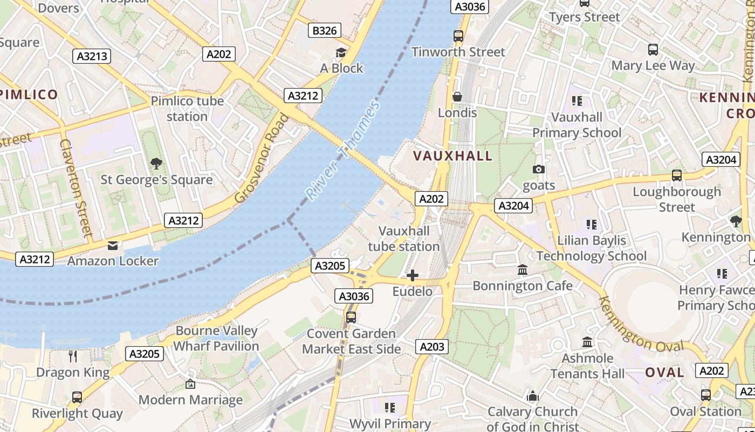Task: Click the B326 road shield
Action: (325, 31)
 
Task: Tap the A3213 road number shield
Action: (92, 56)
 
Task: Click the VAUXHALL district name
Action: (453, 156)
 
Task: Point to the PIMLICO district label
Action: (29, 94)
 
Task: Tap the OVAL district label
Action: (665, 372)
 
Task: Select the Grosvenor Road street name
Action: (262, 158)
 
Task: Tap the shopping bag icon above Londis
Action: (457, 97)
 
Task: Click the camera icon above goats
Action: (538, 170)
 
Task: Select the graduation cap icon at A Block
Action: (341, 52)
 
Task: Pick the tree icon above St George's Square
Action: (156, 163)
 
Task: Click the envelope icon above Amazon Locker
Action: (113, 246)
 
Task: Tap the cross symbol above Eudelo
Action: (413, 276)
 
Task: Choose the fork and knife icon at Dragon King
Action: (73, 356)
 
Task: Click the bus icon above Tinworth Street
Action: (458, 36)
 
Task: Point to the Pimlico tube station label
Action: (187, 109)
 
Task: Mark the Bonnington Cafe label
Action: (522, 285)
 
